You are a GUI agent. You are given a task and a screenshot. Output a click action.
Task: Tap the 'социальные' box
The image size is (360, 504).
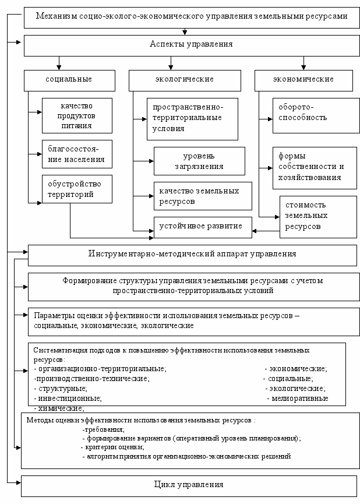coord(68,79)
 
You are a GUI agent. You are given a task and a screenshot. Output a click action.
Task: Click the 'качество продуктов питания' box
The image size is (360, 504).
coord(77,115)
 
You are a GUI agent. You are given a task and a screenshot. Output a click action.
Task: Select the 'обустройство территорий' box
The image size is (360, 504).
coord(77,189)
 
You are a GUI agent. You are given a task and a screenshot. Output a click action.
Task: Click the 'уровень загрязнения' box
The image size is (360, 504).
coord(199,161)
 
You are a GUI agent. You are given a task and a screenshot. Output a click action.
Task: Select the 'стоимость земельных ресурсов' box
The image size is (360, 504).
coord(318,216)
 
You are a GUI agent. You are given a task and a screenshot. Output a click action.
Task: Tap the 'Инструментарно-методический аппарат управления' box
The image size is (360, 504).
coord(192,254)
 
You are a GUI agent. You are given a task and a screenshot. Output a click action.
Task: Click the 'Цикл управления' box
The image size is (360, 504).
coord(189,485)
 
